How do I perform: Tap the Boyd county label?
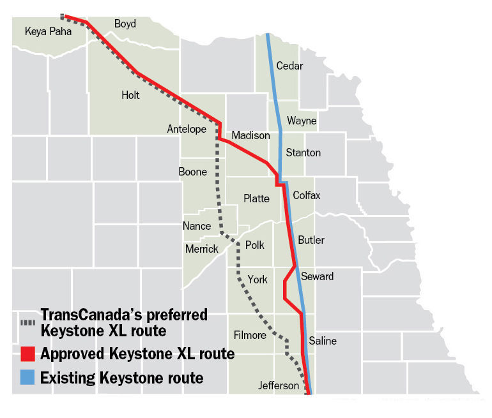pos(125,24)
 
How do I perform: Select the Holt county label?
pos(130,95)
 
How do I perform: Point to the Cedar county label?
pos(289,66)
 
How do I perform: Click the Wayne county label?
pos(302,121)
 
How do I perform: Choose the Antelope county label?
pos(187,129)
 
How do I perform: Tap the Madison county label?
pos(250,135)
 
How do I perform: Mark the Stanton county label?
pos(304,153)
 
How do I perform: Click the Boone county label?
pos(192,172)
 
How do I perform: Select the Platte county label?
pos(256,198)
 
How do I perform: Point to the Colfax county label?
pos(307,195)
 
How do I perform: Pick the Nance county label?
pos(196,226)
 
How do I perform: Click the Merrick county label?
pos(201,249)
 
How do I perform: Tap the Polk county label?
pos(254,245)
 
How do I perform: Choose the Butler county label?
pos(311,240)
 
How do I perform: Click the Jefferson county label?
pos(278,385)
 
